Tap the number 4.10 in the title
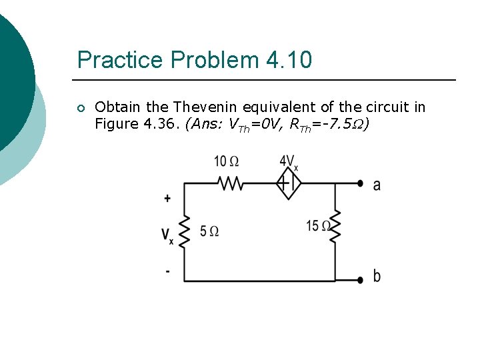[289, 60]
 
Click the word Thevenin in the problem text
[206, 107]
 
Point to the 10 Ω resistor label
[227, 161]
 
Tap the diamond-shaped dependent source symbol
[289, 183]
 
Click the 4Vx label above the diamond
[289, 162]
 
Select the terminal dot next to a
[360, 183]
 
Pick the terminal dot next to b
[360, 280]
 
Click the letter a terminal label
[377, 185]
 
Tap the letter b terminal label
[377, 275]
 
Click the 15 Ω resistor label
[319, 226]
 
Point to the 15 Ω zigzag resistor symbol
[335, 227]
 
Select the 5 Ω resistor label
[209, 231]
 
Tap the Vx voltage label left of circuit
[167, 235]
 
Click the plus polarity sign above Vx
[167, 198]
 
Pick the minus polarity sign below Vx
[167, 271]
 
